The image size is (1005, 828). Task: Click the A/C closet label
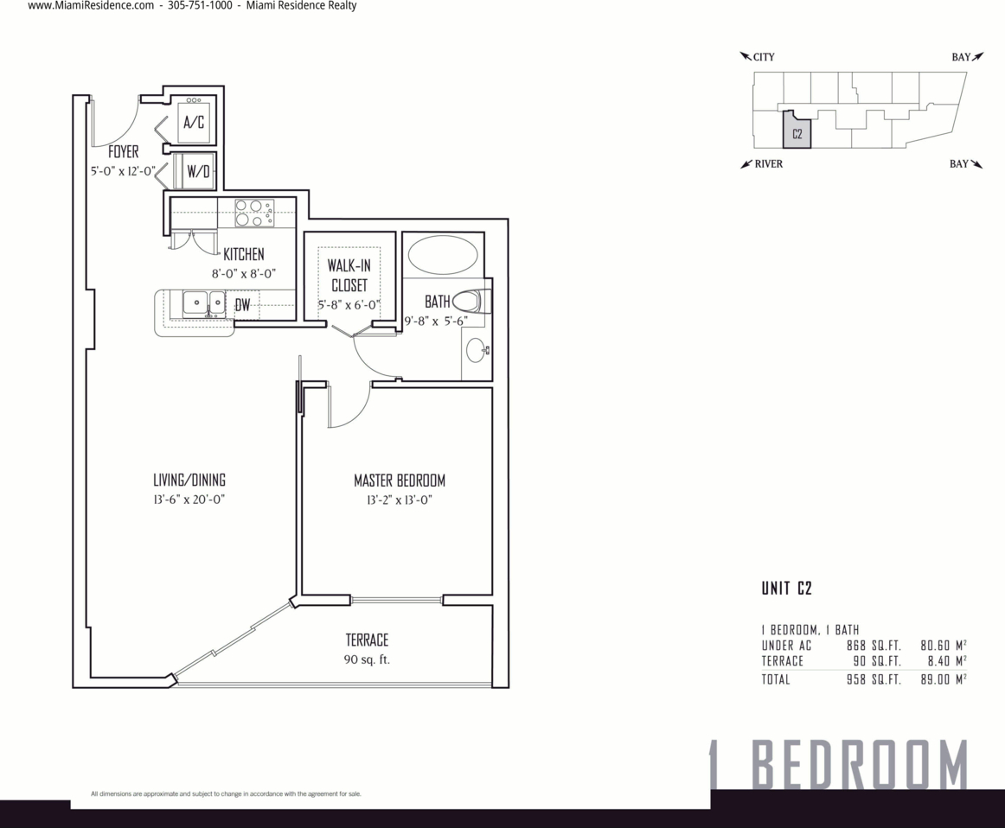[x=194, y=122]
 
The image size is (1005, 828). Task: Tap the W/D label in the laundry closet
[x=198, y=171]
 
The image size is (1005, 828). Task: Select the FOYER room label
[x=123, y=152]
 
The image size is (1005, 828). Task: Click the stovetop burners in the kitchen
[x=254, y=213]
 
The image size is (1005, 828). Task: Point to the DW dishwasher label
[x=242, y=305]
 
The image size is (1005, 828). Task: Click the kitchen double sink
[x=204, y=303]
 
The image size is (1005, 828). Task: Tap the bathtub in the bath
[x=442, y=256]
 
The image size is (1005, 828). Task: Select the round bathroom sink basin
[x=477, y=350]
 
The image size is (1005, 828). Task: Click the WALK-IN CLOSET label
[x=349, y=276]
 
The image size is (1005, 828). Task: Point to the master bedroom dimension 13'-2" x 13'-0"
[x=400, y=500]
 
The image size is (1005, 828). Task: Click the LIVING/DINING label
[x=189, y=480]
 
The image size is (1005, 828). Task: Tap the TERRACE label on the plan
[x=367, y=640]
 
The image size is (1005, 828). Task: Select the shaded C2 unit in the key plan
[x=797, y=133]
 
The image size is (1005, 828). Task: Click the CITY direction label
[x=764, y=57]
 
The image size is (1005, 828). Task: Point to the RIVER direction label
[x=769, y=164]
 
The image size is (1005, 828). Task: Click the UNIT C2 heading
[x=786, y=588]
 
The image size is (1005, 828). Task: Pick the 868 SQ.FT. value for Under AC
[x=874, y=646]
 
